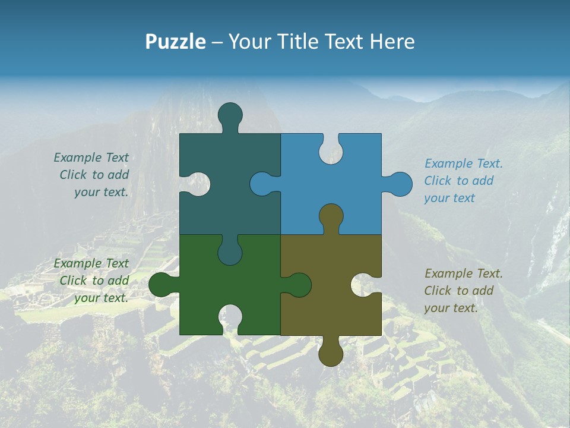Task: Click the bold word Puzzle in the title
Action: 176,42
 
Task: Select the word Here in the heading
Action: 392,42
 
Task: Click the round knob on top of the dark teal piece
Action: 230,114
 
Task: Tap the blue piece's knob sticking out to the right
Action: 400,184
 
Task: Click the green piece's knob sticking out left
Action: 160,285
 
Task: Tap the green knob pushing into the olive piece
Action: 299,285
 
